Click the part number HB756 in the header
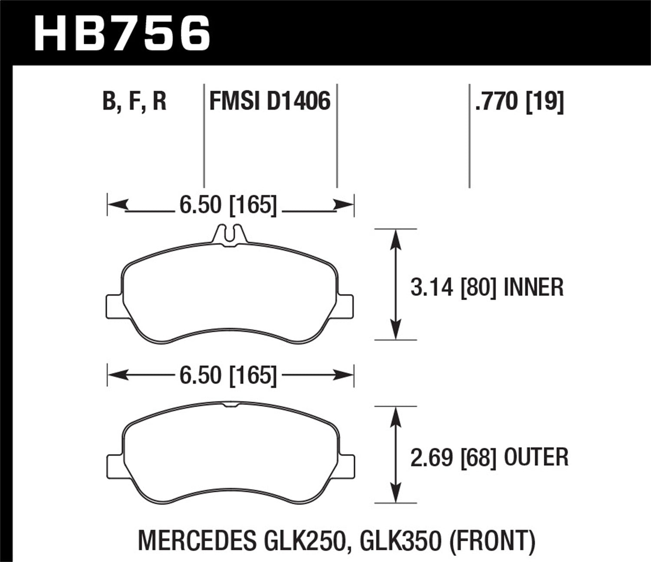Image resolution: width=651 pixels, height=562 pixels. point(122,33)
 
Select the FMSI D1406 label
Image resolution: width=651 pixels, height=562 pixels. point(270,101)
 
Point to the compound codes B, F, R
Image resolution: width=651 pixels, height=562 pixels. point(135,101)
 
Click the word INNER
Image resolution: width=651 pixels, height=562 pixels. point(533,287)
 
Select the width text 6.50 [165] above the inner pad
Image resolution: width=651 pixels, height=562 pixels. point(228,205)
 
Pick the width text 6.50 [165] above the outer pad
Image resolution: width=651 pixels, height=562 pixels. point(228,375)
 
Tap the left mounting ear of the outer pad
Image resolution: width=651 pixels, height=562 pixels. point(114,465)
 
